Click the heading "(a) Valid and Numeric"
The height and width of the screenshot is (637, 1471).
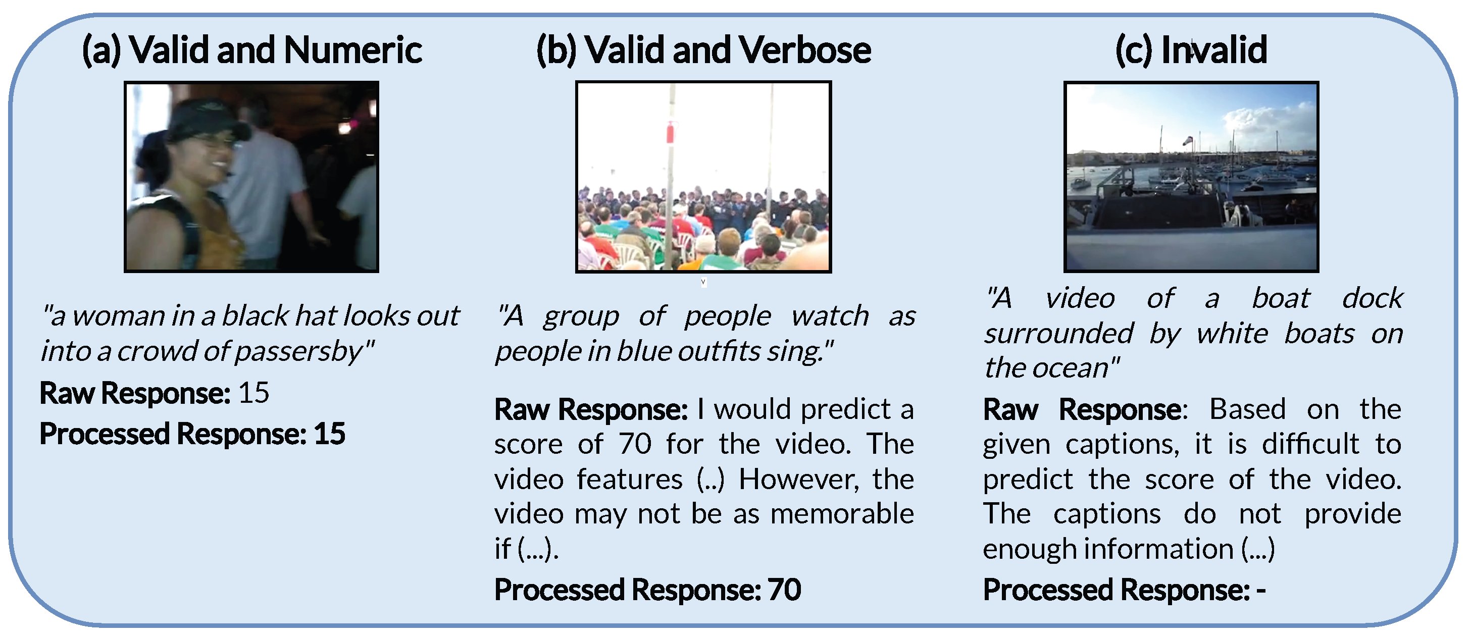[252, 50]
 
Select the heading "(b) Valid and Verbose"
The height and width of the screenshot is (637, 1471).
[703, 50]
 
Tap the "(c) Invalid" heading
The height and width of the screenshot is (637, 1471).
[1191, 50]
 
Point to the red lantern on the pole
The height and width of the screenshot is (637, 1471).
[671, 132]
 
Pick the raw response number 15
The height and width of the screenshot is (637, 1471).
[253, 393]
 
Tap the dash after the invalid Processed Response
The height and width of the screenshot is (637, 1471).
[1261, 590]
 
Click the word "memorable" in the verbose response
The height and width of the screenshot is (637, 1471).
[842, 514]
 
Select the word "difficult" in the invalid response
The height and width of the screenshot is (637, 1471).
[1310, 444]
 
